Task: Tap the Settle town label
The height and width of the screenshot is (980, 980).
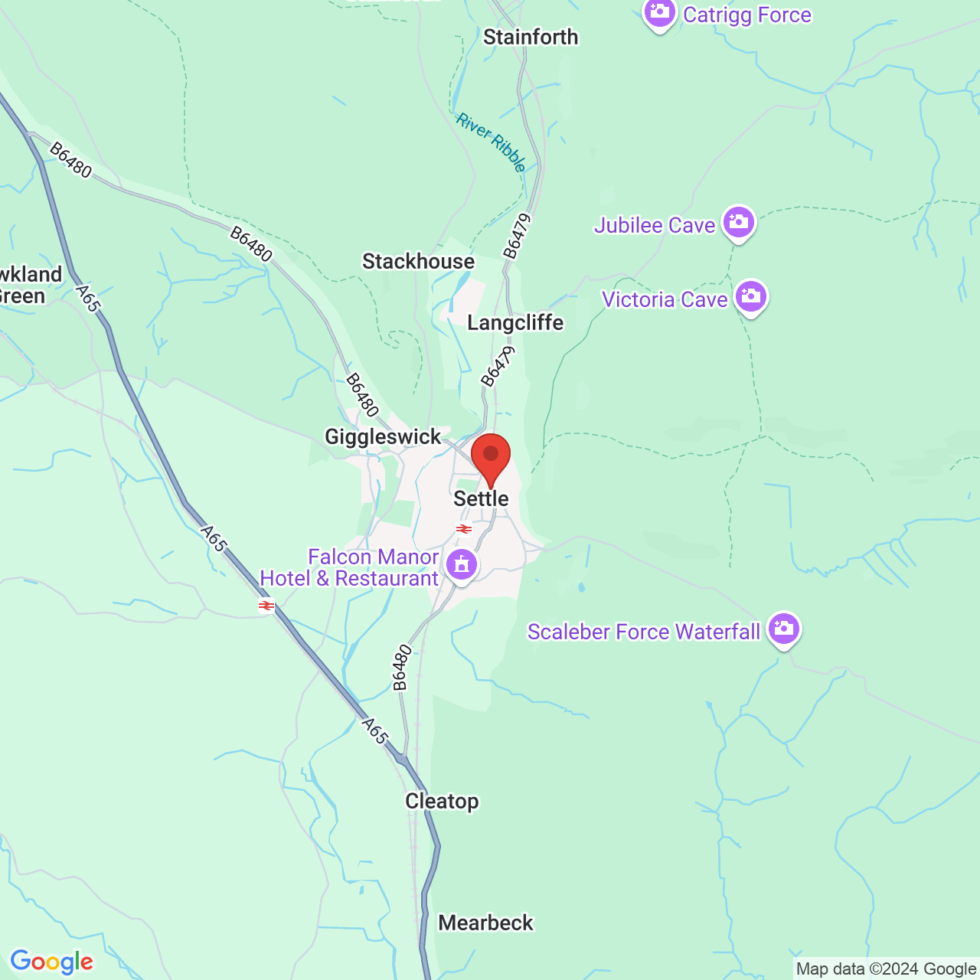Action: (x=481, y=498)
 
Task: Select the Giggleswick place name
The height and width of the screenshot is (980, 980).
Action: (x=383, y=436)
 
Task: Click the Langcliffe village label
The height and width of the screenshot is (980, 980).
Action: (x=515, y=322)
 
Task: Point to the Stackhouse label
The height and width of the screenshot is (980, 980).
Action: (x=418, y=261)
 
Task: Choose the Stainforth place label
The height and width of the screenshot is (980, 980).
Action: (x=531, y=37)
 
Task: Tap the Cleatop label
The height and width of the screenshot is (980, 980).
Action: (x=442, y=801)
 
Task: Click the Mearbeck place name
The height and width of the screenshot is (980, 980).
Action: (x=485, y=923)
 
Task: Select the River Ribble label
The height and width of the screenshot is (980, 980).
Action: (x=492, y=142)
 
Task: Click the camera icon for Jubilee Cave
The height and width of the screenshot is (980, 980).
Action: (x=739, y=223)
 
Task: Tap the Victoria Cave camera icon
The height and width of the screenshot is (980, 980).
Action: (x=751, y=296)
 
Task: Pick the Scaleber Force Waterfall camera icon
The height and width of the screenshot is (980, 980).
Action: (x=783, y=629)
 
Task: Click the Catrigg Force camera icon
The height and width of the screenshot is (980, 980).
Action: (x=659, y=13)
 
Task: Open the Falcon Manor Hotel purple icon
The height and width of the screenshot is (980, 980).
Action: (x=461, y=566)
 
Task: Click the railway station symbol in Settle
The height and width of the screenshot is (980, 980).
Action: (x=464, y=529)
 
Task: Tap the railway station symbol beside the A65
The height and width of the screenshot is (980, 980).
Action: (x=266, y=606)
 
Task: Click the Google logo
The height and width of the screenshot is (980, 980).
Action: (x=51, y=962)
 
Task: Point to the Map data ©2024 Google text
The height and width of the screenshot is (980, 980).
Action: (x=886, y=969)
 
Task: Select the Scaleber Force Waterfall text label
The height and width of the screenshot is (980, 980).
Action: (x=643, y=632)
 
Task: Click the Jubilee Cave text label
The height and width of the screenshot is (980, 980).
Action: (x=655, y=225)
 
